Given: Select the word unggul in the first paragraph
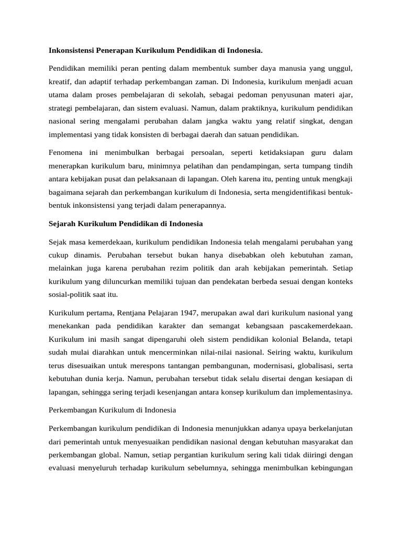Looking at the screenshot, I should tap(341, 69).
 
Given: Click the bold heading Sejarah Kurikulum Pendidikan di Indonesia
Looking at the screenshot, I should tap(126, 224).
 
